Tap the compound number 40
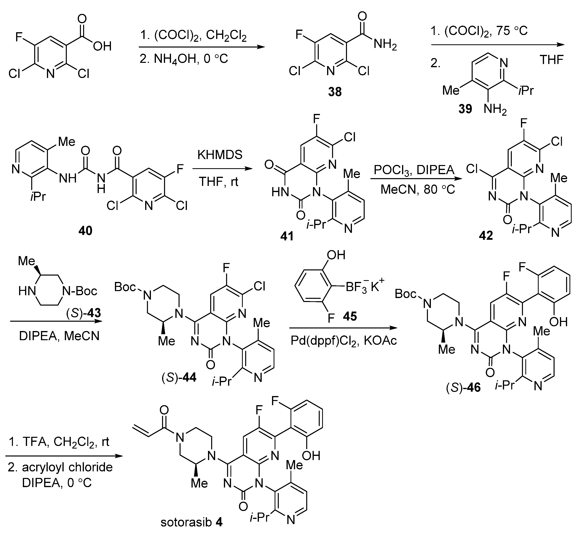point(85,231)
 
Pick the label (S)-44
point(179,378)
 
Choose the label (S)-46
point(463,387)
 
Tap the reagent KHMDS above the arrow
point(220,155)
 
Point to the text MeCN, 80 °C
point(418,189)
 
